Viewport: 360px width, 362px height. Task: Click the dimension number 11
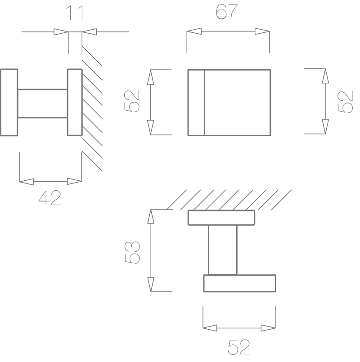click(x=74, y=13)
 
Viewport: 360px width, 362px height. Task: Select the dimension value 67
click(x=226, y=12)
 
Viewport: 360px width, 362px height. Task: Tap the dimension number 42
click(x=49, y=198)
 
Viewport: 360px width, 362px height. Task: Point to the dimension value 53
click(x=132, y=252)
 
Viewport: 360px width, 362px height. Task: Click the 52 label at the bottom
click(x=239, y=347)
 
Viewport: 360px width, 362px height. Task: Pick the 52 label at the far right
click(x=346, y=102)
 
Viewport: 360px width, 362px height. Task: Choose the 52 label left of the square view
click(x=132, y=101)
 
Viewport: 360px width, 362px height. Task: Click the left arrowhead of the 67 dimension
click(x=194, y=31)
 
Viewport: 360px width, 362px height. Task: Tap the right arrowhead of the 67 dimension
click(x=262, y=31)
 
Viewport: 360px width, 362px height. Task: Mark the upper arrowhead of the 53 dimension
click(x=151, y=217)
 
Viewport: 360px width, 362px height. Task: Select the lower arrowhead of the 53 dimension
click(x=151, y=284)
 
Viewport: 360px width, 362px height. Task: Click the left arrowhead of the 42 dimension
click(x=27, y=182)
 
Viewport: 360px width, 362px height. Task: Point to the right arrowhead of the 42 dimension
click(x=74, y=182)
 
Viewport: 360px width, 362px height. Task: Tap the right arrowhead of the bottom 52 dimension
click(x=268, y=328)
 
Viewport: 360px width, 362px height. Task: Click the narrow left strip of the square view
click(x=196, y=103)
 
